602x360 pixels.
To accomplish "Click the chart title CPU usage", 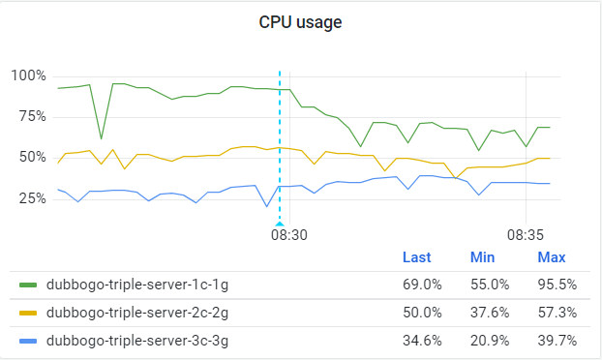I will click(300, 22).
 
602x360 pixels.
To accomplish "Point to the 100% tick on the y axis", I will click(28, 75).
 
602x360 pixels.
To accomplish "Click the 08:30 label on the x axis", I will click(288, 234).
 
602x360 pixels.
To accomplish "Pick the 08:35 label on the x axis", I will click(526, 234).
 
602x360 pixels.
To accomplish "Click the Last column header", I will click(416, 257).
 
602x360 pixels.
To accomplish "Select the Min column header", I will click(482, 257).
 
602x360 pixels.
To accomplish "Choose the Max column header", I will click(552, 257).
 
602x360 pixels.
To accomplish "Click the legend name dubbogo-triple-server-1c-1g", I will click(137, 285).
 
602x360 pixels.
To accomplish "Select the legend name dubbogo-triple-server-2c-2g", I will click(137, 313).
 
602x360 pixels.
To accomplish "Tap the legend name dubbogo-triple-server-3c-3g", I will click(137, 340).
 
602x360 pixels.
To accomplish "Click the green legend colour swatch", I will click(28, 285).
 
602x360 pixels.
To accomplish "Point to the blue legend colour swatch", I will click(28, 340).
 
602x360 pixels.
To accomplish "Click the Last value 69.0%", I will click(422, 285).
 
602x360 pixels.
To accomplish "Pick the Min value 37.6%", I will click(489, 313).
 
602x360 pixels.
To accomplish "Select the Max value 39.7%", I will click(557, 340).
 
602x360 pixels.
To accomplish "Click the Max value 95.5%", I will click(557, 285).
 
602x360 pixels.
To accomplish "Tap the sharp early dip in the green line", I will click(101, 137).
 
